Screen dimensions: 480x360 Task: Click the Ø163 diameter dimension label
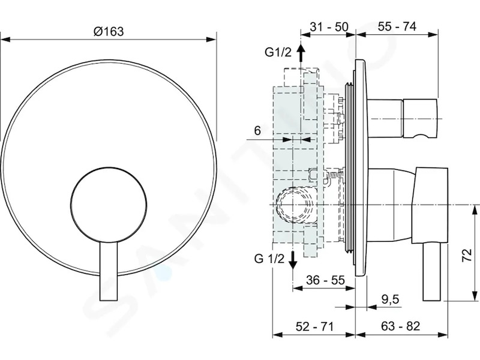tap(109, 31)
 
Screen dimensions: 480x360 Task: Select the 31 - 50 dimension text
tap(329, 27)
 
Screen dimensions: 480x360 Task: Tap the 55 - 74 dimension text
tap(397, 26)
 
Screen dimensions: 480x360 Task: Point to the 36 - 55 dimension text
tap(325, 280)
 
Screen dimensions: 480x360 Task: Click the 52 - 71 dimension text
tap(314, 326)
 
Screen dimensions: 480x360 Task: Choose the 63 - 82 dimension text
tap(400, 326)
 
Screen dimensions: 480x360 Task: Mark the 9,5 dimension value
tap(391, 299)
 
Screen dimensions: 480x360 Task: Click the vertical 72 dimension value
tap(467, 255)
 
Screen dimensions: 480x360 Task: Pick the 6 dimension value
tap(257, 131)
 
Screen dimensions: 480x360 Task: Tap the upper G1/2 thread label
tap(278, 52)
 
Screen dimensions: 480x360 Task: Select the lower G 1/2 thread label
tap(269, 259)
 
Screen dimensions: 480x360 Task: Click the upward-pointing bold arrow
tap(301, 53)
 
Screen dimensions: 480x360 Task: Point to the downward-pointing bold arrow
tap(293, 260)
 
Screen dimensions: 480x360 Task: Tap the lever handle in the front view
tap(109, 272)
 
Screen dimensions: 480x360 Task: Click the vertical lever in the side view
tap(432, 272)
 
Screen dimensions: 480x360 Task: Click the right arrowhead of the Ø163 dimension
tap(211, 40)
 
